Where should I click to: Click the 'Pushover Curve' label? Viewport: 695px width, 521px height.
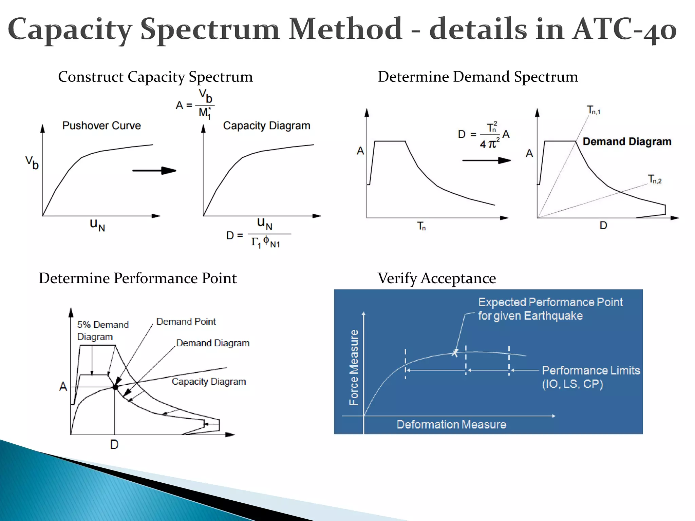(x=101, y=126)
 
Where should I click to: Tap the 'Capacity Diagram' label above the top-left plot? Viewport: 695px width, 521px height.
(x=266, y=126)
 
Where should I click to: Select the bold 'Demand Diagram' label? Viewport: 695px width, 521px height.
(x=627, y=141)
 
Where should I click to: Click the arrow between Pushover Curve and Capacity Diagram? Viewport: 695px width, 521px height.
(x=154, y=171)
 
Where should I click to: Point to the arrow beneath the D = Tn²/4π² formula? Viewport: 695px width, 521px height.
(x=486, y=160)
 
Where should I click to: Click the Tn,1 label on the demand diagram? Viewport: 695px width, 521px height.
(x=594, y=110)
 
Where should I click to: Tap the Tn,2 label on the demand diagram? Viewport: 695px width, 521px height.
(x=655, y=179)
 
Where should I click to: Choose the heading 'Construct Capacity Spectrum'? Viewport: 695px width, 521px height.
(x=155, y=77)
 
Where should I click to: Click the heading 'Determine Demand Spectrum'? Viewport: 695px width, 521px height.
(x=478, y=77)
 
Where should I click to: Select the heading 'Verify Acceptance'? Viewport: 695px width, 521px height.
(x=437, y=278)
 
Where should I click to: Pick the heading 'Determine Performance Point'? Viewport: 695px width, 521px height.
(x=137, y=278)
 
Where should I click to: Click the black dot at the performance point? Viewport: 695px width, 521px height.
(x=115, y=387)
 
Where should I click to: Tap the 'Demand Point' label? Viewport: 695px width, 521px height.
(x=186, y=322)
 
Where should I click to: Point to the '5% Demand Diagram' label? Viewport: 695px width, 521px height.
(x=102, y=331)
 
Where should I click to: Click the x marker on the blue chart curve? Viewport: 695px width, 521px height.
(x=455, y=353)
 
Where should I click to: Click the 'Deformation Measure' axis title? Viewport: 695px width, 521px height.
(x=451, y=424)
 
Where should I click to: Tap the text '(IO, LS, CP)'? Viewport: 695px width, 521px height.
(x=572, y=384)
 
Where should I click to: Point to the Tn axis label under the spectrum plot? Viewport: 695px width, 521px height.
(x=421, y=226)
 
